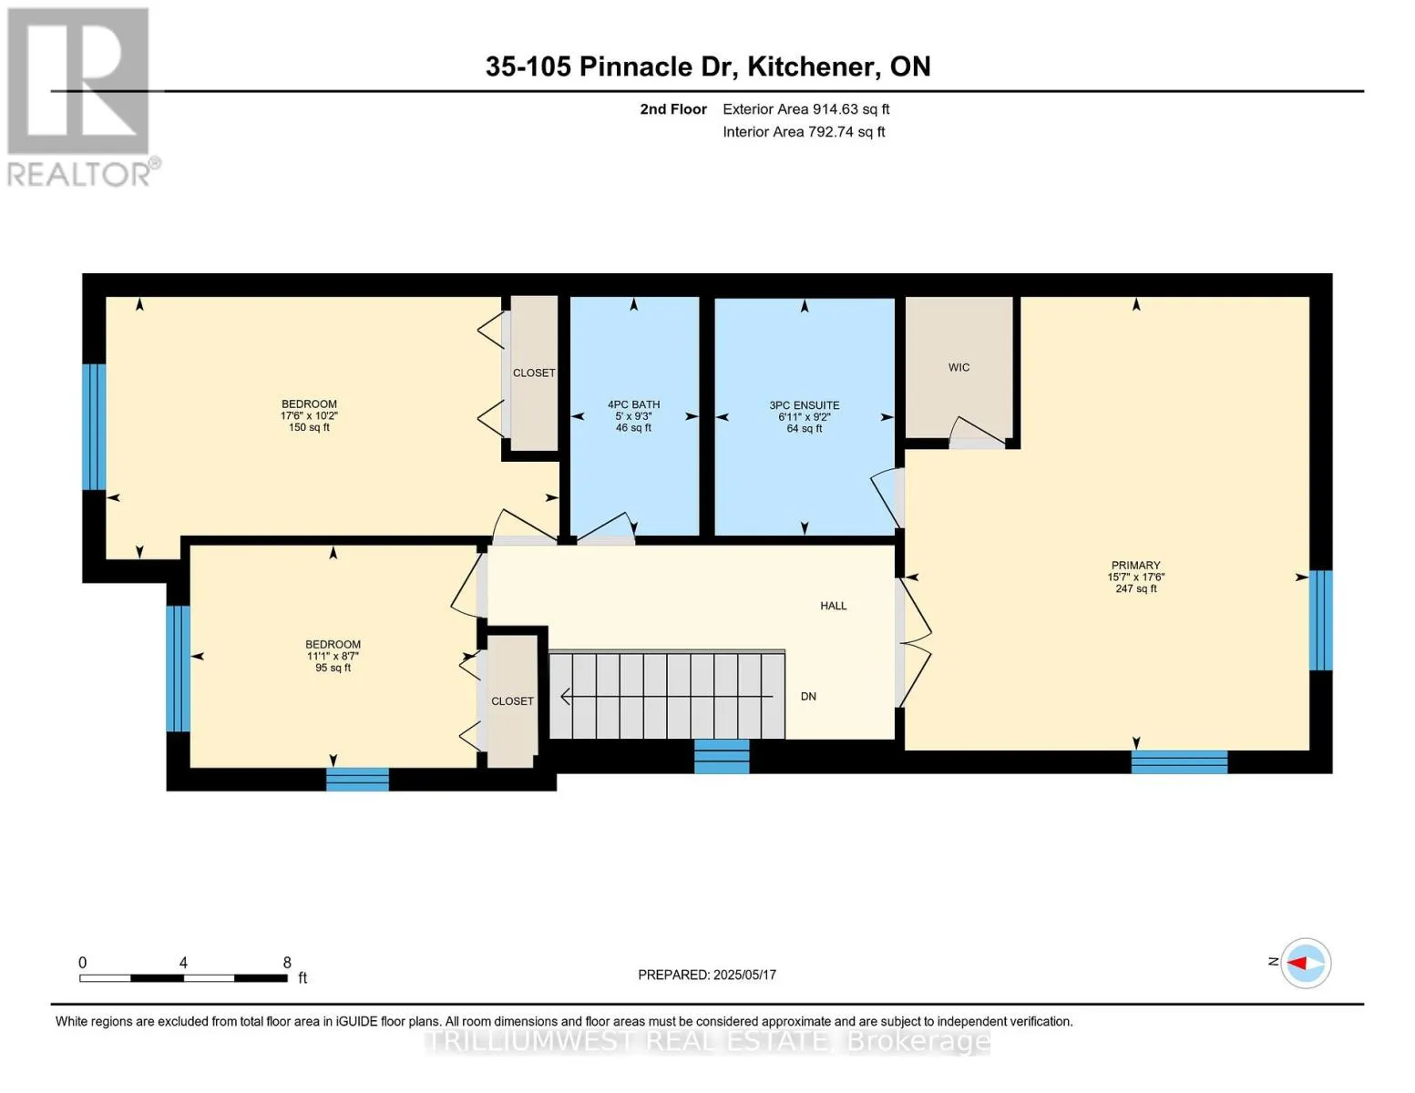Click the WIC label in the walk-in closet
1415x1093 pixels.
(959, 368)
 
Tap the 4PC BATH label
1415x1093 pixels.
(633, 405)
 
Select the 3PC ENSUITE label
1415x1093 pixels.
(805, 405)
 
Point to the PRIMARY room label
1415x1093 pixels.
(1135, 565)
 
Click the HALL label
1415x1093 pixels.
(833, 606)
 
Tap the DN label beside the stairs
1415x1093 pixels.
(808, 697)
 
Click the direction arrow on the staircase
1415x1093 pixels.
(667, 697)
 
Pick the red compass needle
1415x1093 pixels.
(1297, 963)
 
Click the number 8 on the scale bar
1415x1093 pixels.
(286, 962)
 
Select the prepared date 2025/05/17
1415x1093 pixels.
(744, 975)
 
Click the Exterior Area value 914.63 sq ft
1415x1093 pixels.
(850, 109)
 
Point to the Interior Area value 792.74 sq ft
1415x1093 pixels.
(846, 132)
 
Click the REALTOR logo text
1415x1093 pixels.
(78, 175)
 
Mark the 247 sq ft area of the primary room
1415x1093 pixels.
(1135, 588)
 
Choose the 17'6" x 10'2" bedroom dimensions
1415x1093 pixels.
(309, 416)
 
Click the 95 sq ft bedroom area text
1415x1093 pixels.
(333, 668)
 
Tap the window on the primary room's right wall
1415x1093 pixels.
(1320, 620)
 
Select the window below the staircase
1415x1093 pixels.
(722, 756)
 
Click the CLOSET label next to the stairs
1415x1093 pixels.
(512, 701)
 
